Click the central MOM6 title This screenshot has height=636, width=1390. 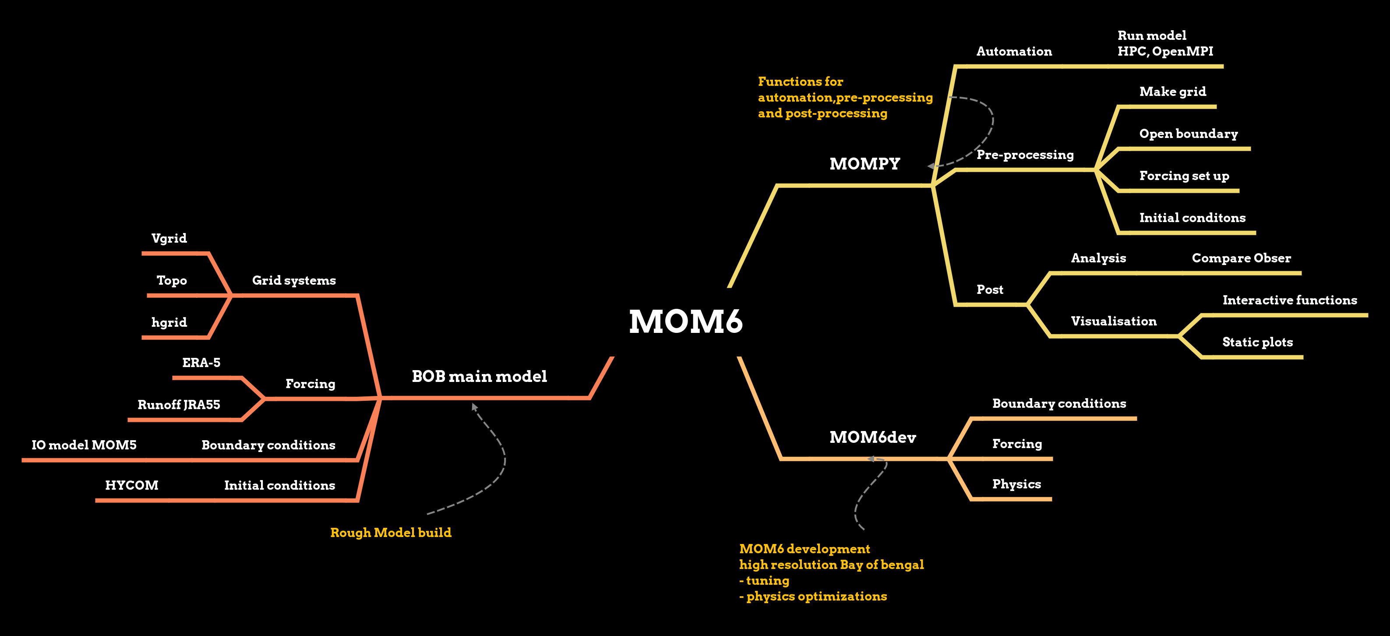pyautogui.click(x=685, y=322)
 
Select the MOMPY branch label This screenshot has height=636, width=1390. pyautogui.click(x=864, y=163)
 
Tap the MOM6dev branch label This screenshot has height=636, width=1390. pyautogui.click(x=872, y=437)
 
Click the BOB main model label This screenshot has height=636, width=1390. pyautogui.click(x=479, y=376)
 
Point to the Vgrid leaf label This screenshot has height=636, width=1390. pyautogui.click(x=169, y=238)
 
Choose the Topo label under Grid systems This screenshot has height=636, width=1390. pyautogui.click(x=172, y=280)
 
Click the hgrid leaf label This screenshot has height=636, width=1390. pyautogui.click(x=169, y=322)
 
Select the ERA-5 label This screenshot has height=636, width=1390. pyautogui.click(x=201, y=362)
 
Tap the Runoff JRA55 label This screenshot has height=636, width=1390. pyautogui.click(x=179, y=404)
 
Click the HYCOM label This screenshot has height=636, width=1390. pyautogui.click(x=132, y=485)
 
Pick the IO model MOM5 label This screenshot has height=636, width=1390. pyautogui.click(x=84, y=445)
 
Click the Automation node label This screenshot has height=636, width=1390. pyautogui.click(x=1014, y=51)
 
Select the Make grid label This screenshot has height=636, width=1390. pyautogui.click(x=1172, y=91)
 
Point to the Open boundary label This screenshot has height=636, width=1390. pyautogui.click(x=1188, y=133)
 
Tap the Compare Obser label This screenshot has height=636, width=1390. pyautogui.click(x=1241, y=258)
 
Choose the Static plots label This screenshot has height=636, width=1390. pyautogui.click(x=1257, y=342)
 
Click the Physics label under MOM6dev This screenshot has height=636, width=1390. pyautogui.click(x=1016, y=484)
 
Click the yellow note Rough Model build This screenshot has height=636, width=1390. pyautogui.click(x=391, y=532)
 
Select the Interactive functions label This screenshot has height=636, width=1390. pyautogui.click(x=1290, y=300)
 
